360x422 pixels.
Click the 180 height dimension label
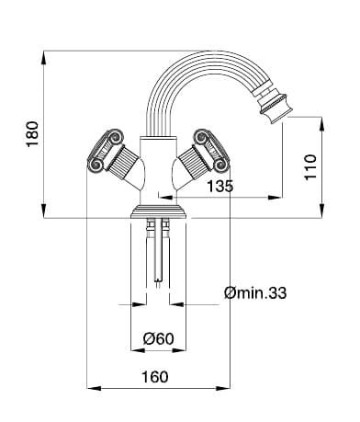(33, 134)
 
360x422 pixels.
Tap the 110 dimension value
(310, 167)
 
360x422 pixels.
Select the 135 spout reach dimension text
(220, 186)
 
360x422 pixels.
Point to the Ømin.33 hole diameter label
(255, 293)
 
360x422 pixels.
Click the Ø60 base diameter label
(158, 338)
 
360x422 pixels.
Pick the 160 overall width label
(155, 377)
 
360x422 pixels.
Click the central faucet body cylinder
(159, 170)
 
